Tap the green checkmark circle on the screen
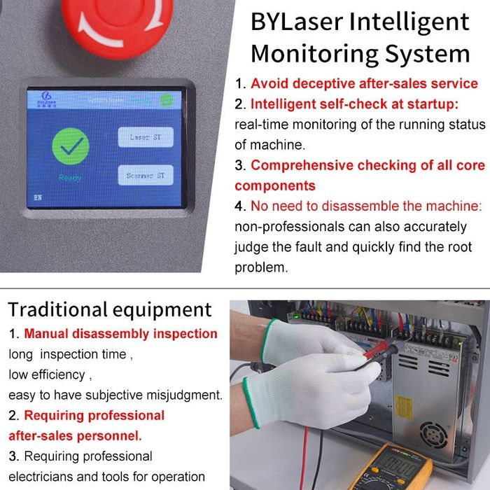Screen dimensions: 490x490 (x=70, y=146)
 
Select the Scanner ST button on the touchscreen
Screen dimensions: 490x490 (x=145, y=176)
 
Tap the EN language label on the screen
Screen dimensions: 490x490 (x=38, y=197)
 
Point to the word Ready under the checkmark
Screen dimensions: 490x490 (x=70, y=178)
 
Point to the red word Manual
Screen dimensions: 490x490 (x=45, y=334)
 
